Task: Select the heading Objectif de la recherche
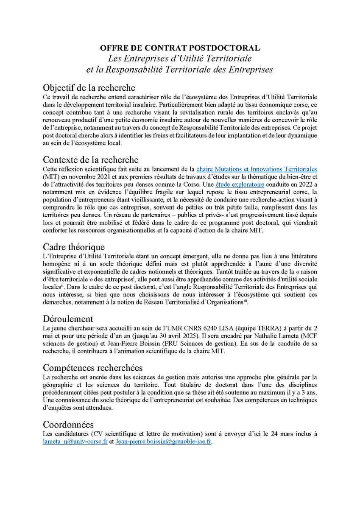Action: click(89, 88)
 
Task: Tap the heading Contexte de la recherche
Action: click(90, 160)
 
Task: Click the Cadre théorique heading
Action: click(74, 246)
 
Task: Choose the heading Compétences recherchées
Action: click(92, 367)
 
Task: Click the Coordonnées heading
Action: click(69, 425)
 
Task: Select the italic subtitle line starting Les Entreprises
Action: click(180, 57)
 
